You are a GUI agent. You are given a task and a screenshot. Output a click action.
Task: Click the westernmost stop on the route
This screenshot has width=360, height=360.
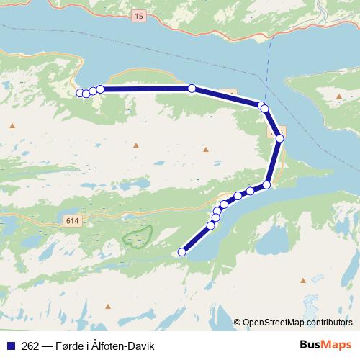point(79,93)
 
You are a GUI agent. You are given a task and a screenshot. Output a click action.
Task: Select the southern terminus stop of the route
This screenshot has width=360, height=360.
point(182,252)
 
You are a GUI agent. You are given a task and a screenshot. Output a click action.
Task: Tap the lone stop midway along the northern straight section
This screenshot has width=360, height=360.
point(192,89)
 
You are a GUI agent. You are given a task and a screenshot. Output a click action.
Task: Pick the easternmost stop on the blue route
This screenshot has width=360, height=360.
point(280,138)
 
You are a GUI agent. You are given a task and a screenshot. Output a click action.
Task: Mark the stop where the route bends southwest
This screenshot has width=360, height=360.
point(266,185)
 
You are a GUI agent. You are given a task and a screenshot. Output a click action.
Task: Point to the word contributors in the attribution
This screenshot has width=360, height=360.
point(328,323)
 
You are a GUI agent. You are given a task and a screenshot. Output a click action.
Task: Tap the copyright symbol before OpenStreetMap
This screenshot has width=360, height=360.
point(237,323)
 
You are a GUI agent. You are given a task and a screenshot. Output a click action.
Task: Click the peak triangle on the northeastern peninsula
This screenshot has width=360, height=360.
point(338,95)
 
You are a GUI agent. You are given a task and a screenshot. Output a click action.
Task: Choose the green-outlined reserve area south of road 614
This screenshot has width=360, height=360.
point(137,236)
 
